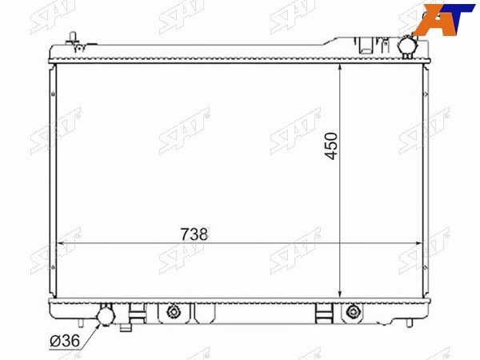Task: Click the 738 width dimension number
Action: [194, 234]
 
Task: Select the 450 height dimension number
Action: [331, 146]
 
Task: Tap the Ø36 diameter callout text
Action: [65, 341]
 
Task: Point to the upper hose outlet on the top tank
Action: [407, 46]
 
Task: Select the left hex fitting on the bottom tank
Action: [174, 312]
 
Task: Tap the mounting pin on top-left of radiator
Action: [73, 38]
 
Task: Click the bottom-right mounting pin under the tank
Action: [410, 323]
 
